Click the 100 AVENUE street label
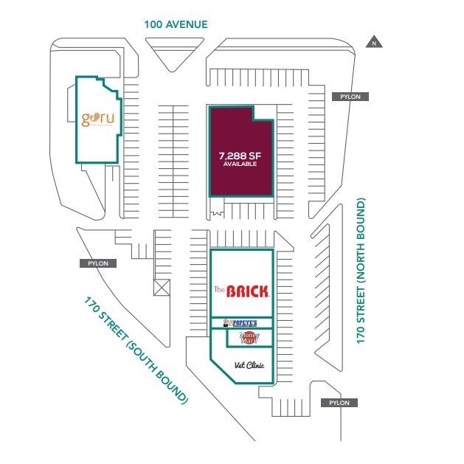click(x=176, y=24)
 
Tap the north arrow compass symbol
click(x=375, y=42)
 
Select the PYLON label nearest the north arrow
click(x=350, y=97)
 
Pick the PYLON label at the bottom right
click(x=339, y=403)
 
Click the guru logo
click(x=98, y=118)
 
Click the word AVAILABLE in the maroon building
click(x=238, y=165)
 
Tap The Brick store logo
click(x=242, y=291)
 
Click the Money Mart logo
click(x=249, y=338)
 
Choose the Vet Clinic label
click(x=249, y=365)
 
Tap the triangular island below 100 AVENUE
click(x=175, y=55)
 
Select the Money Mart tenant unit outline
click(x=249, y=338)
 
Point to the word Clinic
click(x=255, y=365)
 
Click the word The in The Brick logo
click(x=218, y=288)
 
